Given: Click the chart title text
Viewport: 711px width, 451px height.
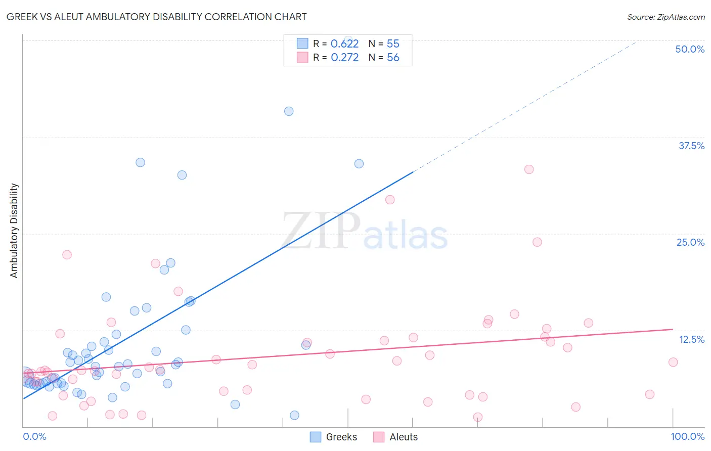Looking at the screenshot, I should pyautogui.click(x=157, y=17).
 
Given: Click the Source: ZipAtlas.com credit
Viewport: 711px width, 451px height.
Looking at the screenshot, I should pyautogui.click(x=665, y=17).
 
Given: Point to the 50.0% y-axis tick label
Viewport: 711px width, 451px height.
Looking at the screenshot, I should pyautogui.click(x=690, y=49).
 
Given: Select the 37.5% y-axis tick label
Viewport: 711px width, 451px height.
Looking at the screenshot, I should pyautogui.click(x=691, y=146).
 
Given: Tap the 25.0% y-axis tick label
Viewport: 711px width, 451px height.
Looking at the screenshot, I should pyautogui.click(x=690, y=242).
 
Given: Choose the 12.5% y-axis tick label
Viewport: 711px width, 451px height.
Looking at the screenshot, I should pyautogui.click(x=691, y=339).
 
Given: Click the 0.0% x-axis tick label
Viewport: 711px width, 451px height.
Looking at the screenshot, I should pyautogui.click(x=34, y=436).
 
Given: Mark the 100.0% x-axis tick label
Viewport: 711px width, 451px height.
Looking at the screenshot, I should pyautogui.click(x=687, y=436).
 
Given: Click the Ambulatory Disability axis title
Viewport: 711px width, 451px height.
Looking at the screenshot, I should pyautogui.click(x=14, y=231).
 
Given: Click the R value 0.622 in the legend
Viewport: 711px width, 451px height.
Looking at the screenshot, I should pyautogui.click(x=344, y=44).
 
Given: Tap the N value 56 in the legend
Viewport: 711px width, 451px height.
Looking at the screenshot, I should pyautogui.click(x=393, y=58).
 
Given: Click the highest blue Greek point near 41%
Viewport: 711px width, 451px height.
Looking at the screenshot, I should pyautogui.click(x=289, y=111).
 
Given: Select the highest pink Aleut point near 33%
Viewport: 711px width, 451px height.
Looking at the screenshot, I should pyautogui.click(x=529, y=169).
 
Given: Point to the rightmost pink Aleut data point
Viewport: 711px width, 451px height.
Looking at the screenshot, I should pyautogui.click(x=673, y=362).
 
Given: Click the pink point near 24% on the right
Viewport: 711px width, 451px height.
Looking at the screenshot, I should pyautogui.click(x=537, y=242).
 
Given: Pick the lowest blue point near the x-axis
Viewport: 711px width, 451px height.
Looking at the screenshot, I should pyautogui.click(x=294, y=415).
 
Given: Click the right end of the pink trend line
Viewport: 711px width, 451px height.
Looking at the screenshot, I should pyautogui.click(x=673, y=329).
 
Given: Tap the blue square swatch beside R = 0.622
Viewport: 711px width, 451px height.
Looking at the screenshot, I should pyautogui.click(x=302, y=43).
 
